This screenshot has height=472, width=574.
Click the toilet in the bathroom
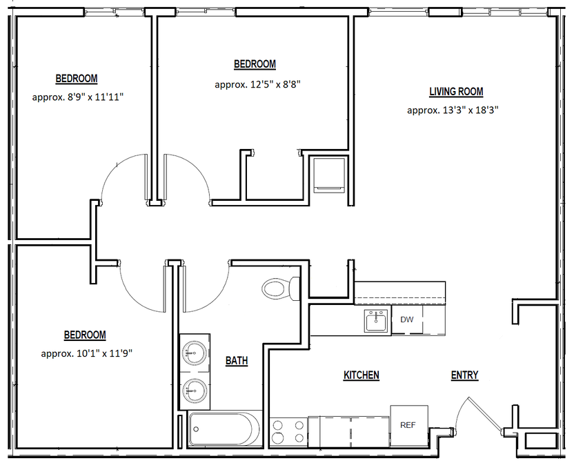pyautogui.click(x=281, y=288)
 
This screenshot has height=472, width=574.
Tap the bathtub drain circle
pyautogui.click(x=196, y=429)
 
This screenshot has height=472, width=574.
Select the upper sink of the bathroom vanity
pyautogui.click(x=194, y=353)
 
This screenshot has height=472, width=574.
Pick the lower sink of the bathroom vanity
pyautogui.click(x=195, y=391)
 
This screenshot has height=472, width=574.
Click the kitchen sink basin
pyautogui.click(x=375, y=321)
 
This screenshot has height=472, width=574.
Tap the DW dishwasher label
pyautogui.click(x=407, y=319)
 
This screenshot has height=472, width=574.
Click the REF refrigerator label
pyautogui.click(x=408, y=425)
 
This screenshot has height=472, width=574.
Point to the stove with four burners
pyautogui.click(x=288, y=432)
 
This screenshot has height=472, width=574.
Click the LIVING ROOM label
pyautogui.click(x=456, y=92)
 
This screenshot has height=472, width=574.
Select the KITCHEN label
pyautogui.click(x=362, y=375)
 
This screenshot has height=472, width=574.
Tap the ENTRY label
pyautogui.click(x=464, y=375)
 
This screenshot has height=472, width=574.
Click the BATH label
pyautogui.click(x=237, y=361)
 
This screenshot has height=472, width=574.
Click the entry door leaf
pyautogui.click(x=484, y=414)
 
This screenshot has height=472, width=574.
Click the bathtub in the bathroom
pyautogui.click(x=224, y=429)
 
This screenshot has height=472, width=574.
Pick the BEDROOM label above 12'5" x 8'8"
pyautogui.click(x=255, y=64)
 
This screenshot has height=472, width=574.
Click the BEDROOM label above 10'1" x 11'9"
pyautogui.click(x=85, y=335)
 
